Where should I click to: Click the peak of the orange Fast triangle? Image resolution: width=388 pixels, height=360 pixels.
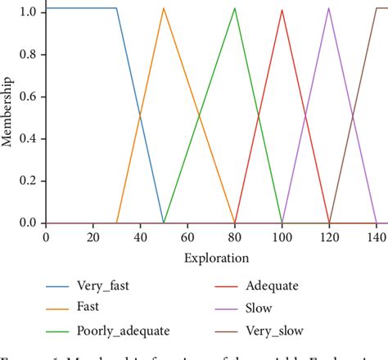point(164,8)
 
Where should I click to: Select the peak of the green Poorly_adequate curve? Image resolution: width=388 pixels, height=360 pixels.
point(235,8)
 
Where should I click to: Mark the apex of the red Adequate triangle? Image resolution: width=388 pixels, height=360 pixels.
point(282,9)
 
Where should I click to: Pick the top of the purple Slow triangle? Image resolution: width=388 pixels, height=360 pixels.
point(329,8)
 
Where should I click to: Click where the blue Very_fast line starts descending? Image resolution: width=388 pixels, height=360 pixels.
point(116,8)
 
